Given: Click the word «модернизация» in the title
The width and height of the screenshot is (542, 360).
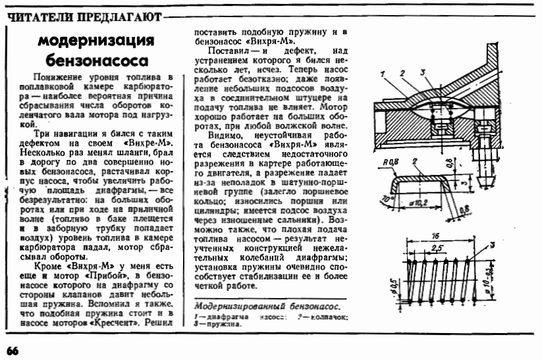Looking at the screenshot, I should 96,41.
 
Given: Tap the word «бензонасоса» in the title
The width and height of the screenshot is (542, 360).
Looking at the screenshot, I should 96,61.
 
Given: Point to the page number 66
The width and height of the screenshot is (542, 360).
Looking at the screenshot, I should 13,349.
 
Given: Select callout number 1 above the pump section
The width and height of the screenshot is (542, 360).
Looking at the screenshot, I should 383,74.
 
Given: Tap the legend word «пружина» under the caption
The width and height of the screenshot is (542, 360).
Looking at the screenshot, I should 224,324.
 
